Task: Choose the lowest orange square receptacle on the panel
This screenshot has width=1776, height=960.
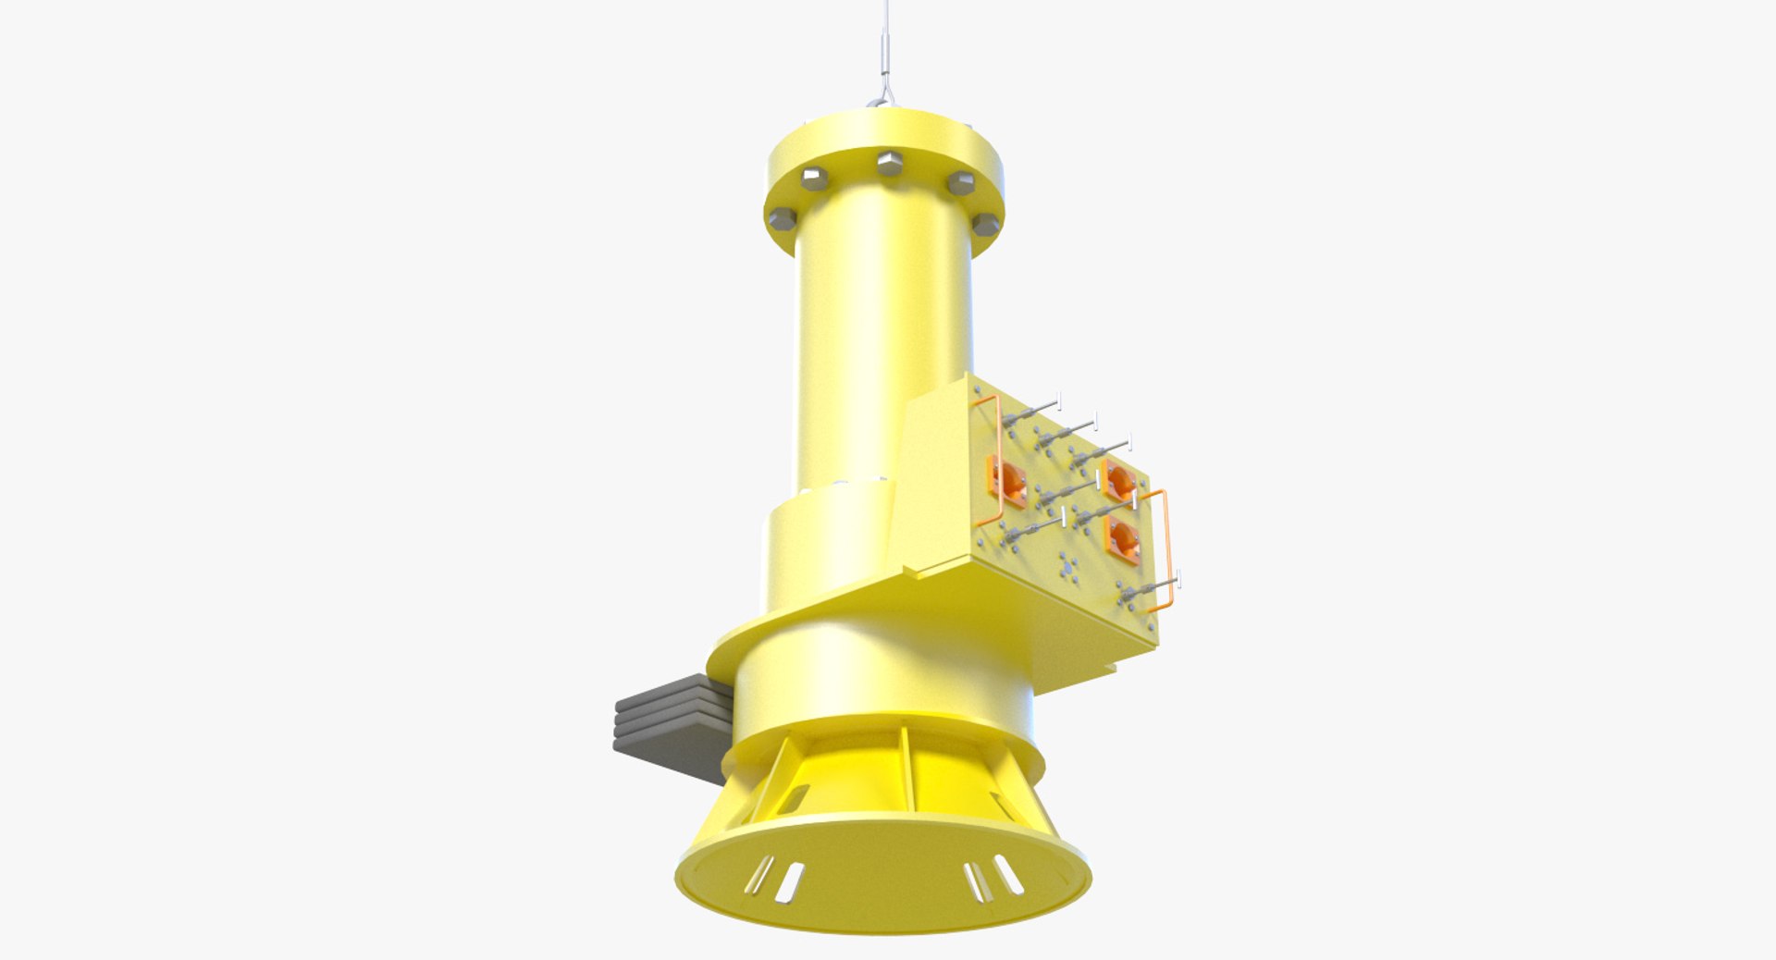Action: [x=1123, y=539]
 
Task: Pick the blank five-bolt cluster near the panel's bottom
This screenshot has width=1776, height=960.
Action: [x=1069, y=565]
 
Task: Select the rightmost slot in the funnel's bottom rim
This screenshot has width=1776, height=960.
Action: [x=1008, y=874]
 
